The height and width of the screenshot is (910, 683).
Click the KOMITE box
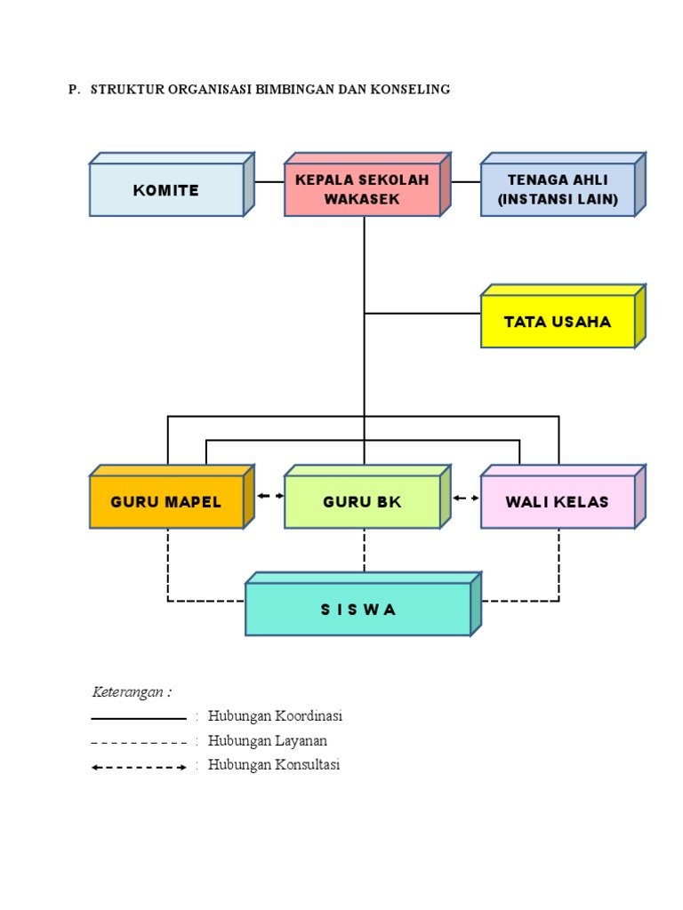[166, 190]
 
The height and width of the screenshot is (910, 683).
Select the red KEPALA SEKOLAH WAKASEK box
[362, 190]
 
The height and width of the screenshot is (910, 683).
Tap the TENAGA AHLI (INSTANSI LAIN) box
[558, 190]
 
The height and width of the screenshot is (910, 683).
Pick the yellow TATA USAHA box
[558, 322]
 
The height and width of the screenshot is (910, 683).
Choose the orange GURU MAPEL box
[166, 502]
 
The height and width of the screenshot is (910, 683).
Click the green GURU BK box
[362, 502]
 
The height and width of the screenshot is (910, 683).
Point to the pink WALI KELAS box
[558, 502]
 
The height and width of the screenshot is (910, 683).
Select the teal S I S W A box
[358, 610]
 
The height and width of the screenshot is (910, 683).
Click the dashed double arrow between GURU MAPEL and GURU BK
[270, 496]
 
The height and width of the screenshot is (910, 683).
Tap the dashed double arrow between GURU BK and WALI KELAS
[465, 498]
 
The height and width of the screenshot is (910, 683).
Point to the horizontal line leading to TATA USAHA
[422, 314]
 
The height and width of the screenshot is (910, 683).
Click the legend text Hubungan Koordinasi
[275, 716]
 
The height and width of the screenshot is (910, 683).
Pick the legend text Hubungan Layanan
[268, 740]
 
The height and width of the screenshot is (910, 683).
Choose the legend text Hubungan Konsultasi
[274, 764]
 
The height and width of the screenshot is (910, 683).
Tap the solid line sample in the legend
[139, 717]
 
